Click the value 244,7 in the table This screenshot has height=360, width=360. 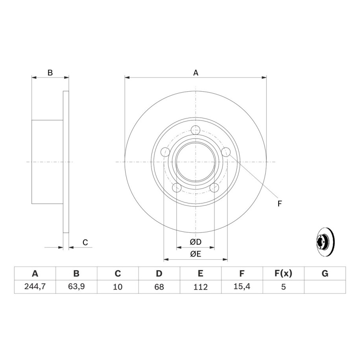coord(35,286)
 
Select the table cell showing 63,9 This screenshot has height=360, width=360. coord(76,286)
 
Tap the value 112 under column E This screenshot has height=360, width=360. coord(201,287)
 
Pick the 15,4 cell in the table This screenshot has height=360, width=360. coord(242,286)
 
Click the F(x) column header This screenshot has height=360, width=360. coord(283,273)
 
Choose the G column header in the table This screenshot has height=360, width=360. coord(325,273)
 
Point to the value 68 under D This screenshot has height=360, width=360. coord(159,287)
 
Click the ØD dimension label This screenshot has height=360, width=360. coord(196,242)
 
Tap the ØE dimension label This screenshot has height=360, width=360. coord(196,254)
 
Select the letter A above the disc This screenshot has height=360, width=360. coord(196,73)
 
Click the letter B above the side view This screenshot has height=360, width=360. coord(50,73)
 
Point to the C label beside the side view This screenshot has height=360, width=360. coord(85,242)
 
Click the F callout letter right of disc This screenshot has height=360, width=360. coord(279,203)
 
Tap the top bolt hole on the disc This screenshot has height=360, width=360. coord(196,130)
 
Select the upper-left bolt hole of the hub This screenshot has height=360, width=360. coord(165,152)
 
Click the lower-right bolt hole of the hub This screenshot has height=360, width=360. coord(214,188)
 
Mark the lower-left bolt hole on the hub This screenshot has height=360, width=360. coord(177,188)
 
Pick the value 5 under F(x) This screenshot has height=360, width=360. coord(284,287)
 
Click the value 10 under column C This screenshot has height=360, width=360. coord(118,287)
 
